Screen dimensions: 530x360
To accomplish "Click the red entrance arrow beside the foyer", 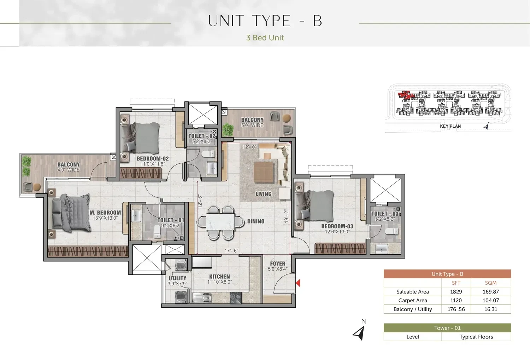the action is [298, 283].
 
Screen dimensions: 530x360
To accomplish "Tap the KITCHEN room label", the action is [219, 277].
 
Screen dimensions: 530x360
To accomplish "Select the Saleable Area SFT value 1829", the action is [456, 291].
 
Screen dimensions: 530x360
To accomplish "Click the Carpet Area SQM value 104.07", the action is [491, 300].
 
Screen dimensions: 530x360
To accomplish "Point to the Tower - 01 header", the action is [447, 328].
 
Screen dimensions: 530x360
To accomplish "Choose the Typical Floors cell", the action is [476, 337].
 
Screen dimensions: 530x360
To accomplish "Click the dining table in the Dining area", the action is [220, 222].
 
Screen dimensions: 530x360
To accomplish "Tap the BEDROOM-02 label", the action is [153, 158].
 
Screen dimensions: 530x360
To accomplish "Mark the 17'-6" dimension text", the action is [231, 251].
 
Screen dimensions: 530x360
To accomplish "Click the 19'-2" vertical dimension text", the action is [287, 216].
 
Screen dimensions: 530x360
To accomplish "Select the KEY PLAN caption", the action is [450, 126].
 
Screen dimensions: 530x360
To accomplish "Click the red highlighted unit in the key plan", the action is [405, 95].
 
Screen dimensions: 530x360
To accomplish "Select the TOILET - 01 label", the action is [171, 220].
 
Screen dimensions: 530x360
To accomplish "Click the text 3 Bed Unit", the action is [265, 37].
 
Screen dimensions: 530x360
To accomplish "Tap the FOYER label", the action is [278, 263].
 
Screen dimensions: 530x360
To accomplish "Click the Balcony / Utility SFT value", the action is [456, 309].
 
